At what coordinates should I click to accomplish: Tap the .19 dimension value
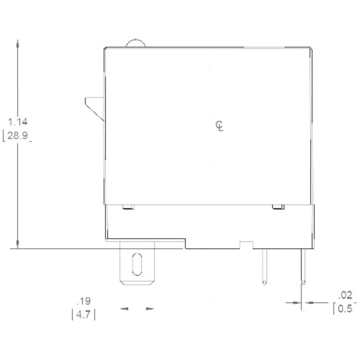tap(84, 301)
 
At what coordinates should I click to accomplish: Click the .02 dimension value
tap(345, 296)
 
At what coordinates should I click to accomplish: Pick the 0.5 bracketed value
tap(345, 309)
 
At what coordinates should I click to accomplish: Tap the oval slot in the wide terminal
tap(137, 264)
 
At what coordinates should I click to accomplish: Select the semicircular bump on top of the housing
tap(136, 43)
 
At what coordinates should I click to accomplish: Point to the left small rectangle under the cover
tap(128, 207)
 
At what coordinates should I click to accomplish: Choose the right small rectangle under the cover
tap(278, 207)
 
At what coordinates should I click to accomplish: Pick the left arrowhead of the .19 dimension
tap(124, 309)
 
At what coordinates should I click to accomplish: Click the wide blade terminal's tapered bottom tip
tap(137, 283)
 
